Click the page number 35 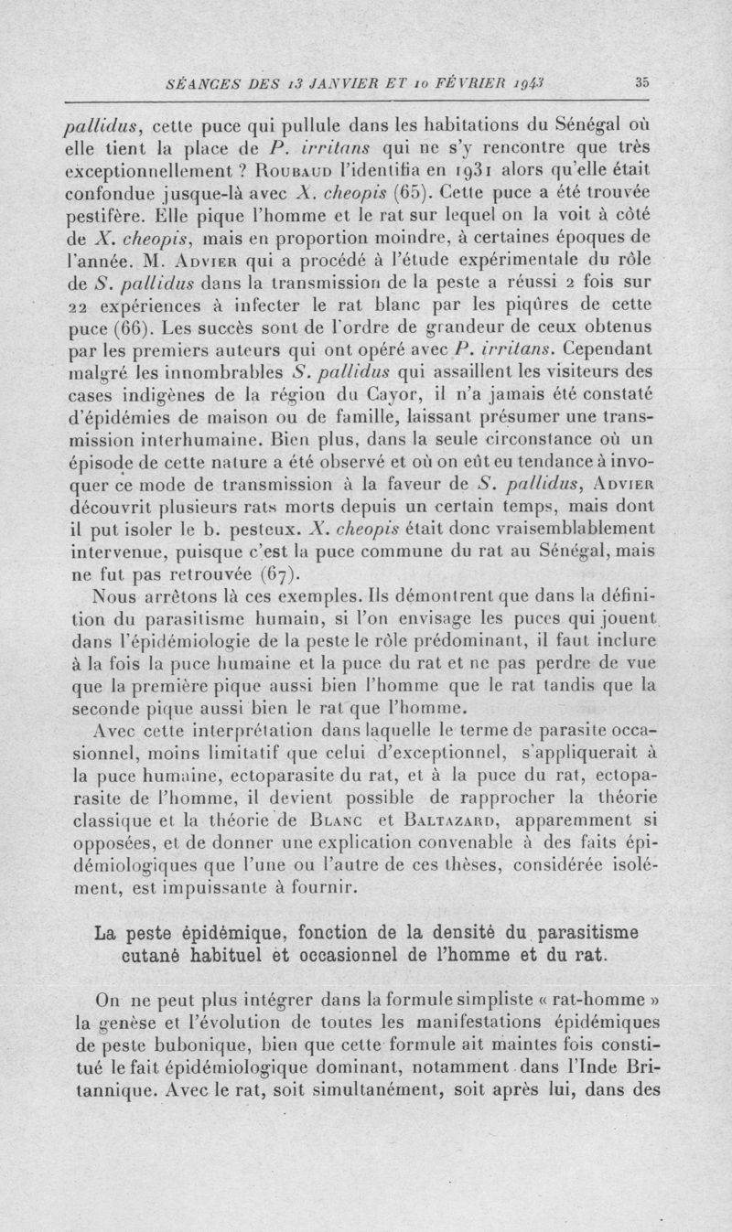click(x=641, y=81)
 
